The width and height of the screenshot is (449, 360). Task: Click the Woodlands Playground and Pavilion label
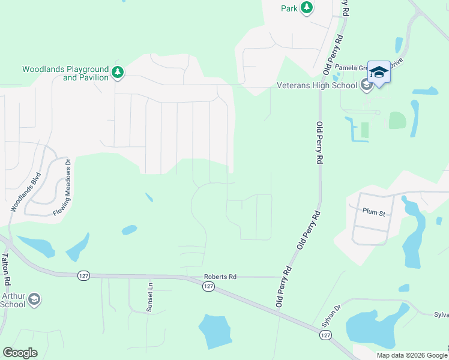(x=65, y=73)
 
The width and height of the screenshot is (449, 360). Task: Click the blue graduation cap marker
(x=378, y=73)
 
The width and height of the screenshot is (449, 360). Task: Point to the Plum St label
(x=373, y=212)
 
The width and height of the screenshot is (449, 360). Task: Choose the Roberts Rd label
(x=220, y=277)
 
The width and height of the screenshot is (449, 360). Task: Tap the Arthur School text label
(x=13, y=300)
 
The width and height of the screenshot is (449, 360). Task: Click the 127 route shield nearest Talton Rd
(x=83, y=275)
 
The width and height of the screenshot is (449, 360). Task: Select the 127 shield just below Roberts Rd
(x=208, y=287)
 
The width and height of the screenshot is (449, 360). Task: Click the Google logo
(x=20, y=353)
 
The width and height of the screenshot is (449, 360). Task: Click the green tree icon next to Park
(x=307, y=8)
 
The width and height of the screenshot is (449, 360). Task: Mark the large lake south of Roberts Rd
(x=214, y=331)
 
